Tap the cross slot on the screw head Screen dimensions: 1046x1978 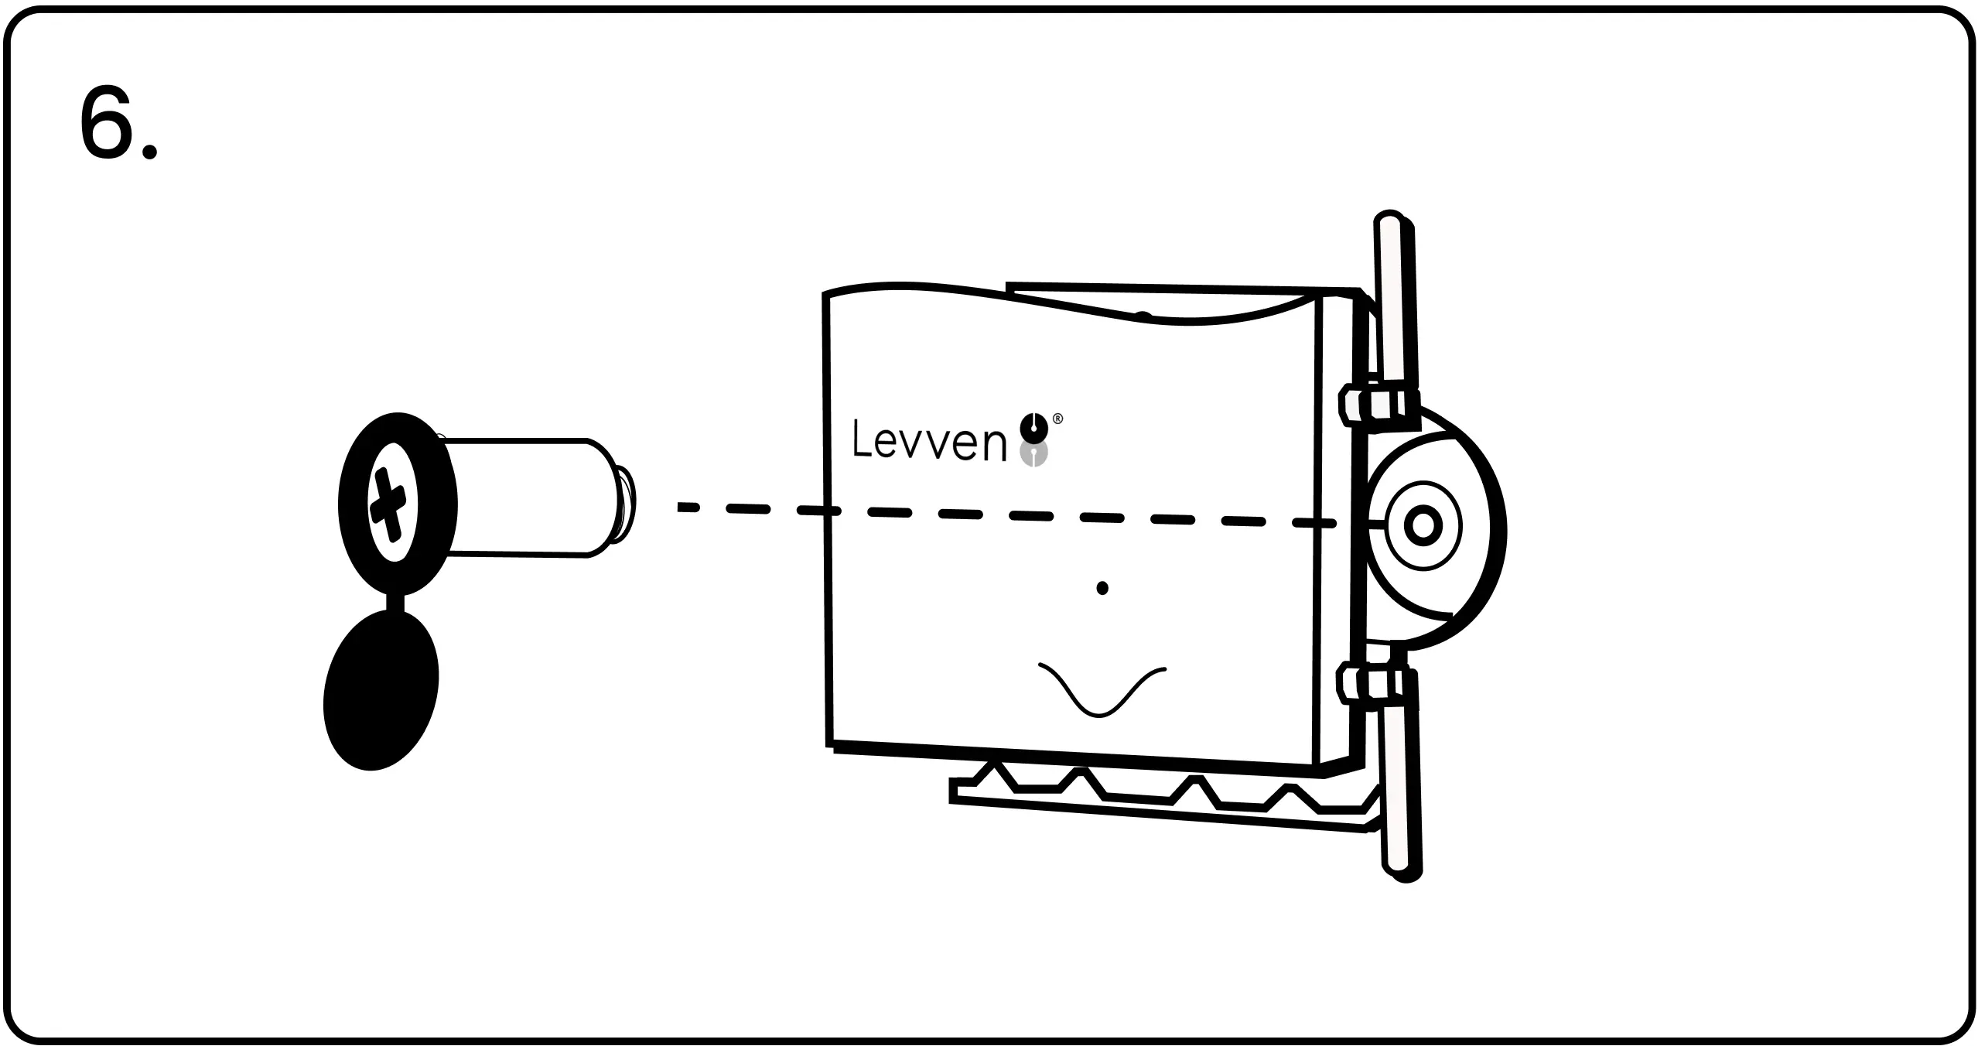(x=388, y=504)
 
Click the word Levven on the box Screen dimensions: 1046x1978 (x=929, y=441)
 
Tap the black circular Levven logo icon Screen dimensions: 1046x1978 (x=1034, y=426)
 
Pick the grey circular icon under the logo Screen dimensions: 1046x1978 (x=1034, y=454)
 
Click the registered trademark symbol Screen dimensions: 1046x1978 (x=1058, y=419)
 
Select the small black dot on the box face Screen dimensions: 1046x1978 (x=1102, y=589)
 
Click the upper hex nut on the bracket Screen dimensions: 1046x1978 (x=1378, y=405)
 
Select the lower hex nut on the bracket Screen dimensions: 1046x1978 (x=1378, y=683)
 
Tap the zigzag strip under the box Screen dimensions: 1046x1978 (x=1160, y=797)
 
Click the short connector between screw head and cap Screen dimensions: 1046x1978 (x=395, y=603)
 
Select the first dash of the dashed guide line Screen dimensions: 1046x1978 (x=688, y=508)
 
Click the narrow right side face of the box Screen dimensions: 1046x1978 (x=1334, y=534)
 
